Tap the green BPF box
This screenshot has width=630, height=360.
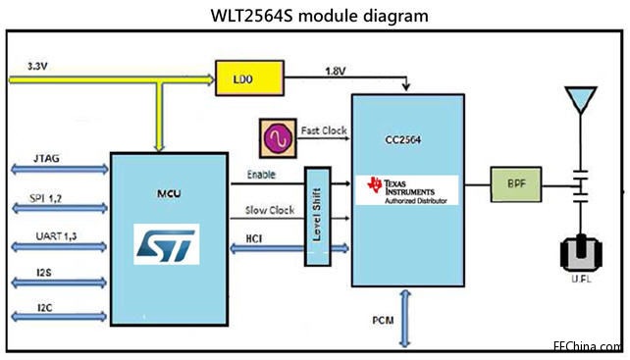(x=515, y=184)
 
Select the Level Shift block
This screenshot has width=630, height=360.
(x=315, y=214)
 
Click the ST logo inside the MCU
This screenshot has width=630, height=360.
(x=166, y=243)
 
